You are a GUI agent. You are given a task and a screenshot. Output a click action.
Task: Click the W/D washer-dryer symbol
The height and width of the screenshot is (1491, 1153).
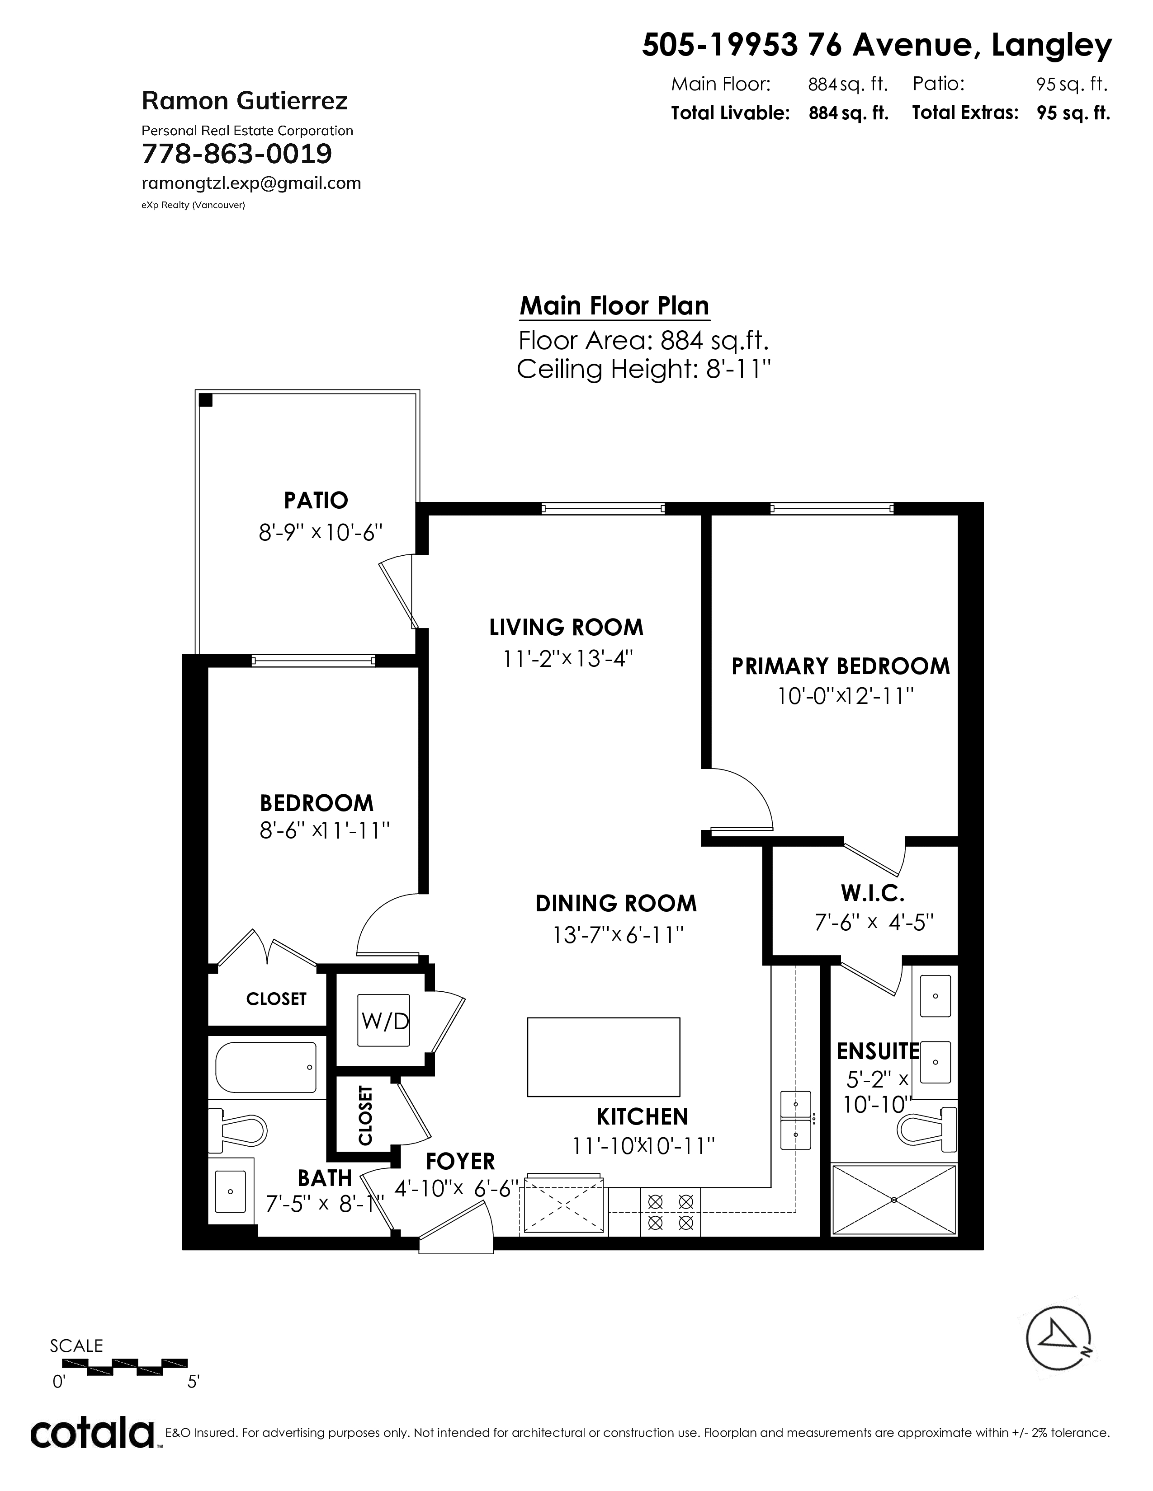tap(385, 1020)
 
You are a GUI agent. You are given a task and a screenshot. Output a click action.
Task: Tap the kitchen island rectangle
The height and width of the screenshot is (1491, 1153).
tap(603, 1057)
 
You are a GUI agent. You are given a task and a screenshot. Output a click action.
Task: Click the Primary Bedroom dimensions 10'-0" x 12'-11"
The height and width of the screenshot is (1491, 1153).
tap(846, 696)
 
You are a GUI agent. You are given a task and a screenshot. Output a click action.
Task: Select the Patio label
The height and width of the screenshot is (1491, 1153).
tap(316, 501)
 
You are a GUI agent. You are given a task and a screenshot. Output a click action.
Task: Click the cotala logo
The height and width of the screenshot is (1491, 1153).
tap(92, 1432)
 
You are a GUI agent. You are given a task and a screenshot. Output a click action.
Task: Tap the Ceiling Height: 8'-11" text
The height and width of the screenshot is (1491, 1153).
tap(644, 369)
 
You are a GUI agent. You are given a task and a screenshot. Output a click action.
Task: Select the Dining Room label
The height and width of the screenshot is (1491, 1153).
tap(616, 903)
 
